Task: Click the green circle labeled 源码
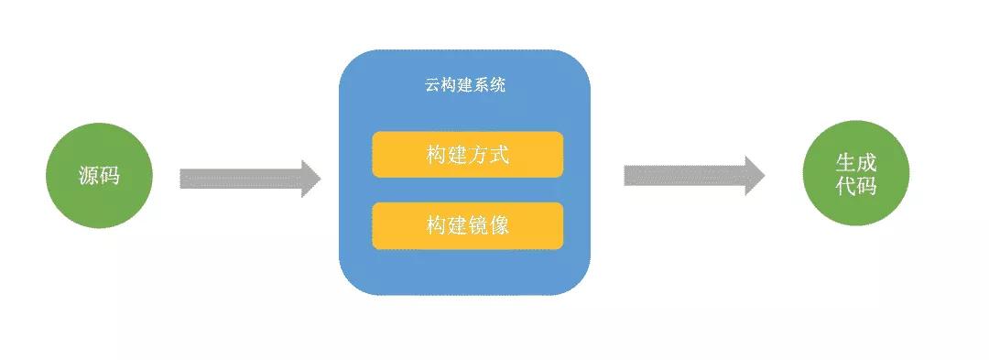pyautogui.click(x=99, y=176)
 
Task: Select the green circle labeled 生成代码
pyautogui.click(x=855, y=173)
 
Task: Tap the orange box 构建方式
pyautogui.click(x=467, y=154)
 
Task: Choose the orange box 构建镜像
pyautogui.click(x=467, y=225)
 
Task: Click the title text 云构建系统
pyautogui.click(x=465, y=86)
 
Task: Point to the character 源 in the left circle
pyautogui.click(x=89, y=176)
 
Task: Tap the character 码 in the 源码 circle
pyautogui.click(x=110, y=176)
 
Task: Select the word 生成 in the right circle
pyautogui.click(x=856, y=163)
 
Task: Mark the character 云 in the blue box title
pyautogui.click(x=432, y=86)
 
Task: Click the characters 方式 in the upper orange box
pyautogui.click(x=488, y=154)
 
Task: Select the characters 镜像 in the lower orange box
pyautogui.click(x=488, y=225)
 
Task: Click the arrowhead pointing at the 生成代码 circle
pyautogui.click(x=755, y=175)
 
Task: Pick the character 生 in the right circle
pyautogui.click(x=845, y=163)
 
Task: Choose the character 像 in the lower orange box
pyautogui.click(x=499, y=225)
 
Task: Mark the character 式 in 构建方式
pyautogui.click(x=499, y=154)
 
